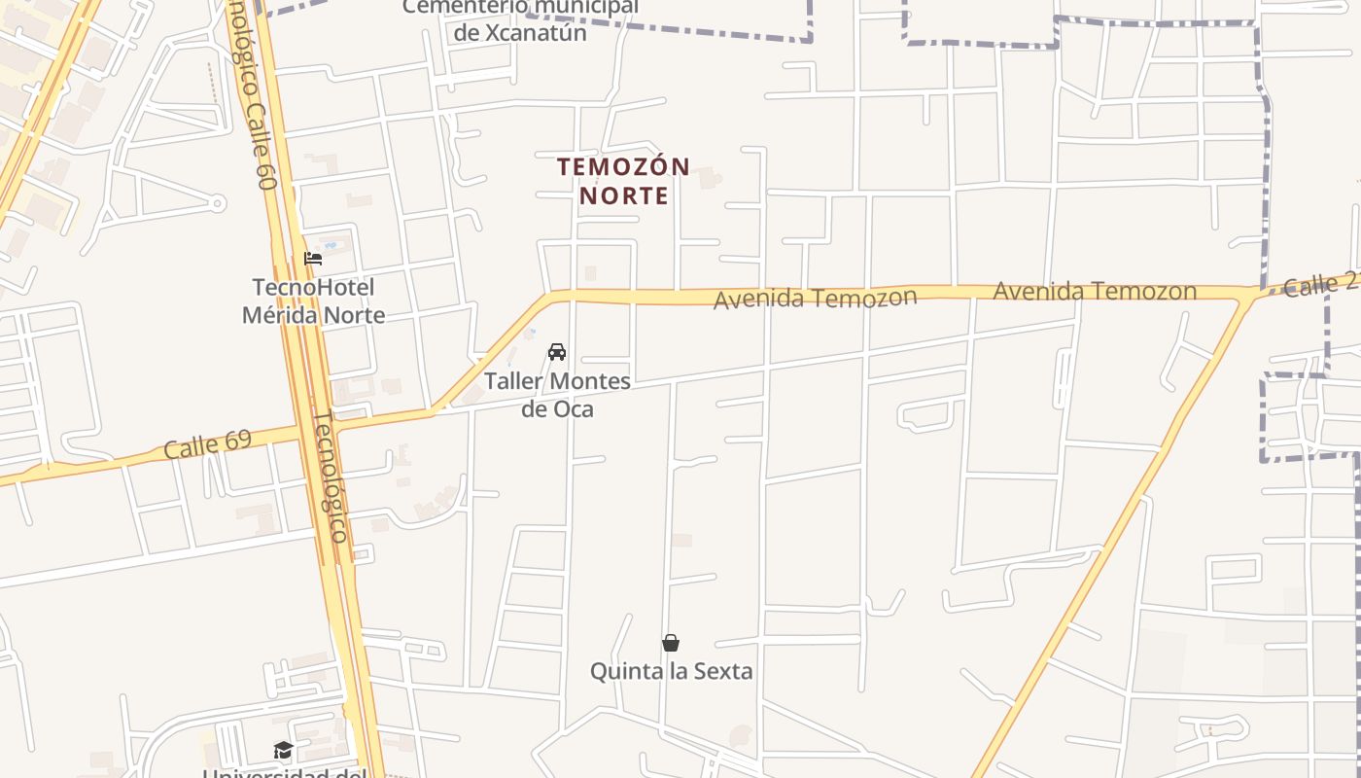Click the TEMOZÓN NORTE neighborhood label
(623, 181)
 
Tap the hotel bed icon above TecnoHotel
(313, 259)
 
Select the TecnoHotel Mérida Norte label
(313, 301)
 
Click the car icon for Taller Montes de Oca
(557, 352)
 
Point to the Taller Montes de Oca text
(557, 395)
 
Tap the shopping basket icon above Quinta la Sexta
(671, 643)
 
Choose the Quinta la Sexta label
(671, 671)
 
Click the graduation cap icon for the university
(283, 750)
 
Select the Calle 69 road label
(207, 444)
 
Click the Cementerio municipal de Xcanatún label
(521, 19)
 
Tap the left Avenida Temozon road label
(815, 298)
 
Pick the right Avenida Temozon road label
(1094, 291)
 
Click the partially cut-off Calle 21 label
(1320, 284)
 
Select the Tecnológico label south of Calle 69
(329, 477)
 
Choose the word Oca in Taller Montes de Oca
(574, 408)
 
